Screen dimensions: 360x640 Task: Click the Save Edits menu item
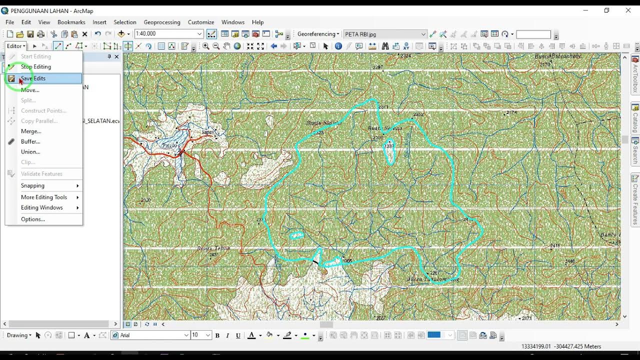click(33, 78)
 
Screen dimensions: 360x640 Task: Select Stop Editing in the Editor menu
click(35, 66)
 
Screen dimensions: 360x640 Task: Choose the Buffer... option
click(30, 141)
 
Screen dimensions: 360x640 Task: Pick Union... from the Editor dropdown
click(30, 151)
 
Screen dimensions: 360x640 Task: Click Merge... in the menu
click(31, 131)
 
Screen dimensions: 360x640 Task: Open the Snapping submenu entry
click(33, 185)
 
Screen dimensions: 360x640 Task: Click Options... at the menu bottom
click(32, 219)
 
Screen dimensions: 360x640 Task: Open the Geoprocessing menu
click(161, 22)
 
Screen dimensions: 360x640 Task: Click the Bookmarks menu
click(71, 22)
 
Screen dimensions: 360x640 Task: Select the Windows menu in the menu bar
click(232, 22)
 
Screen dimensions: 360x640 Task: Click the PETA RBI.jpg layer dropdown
click(384, 34)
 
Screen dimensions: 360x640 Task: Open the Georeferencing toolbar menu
click(318, 34)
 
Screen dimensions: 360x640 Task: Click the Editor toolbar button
click(15, 46)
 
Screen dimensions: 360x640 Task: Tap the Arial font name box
click(151, 335)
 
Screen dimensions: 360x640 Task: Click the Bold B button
click(217, 335)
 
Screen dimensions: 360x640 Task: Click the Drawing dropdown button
click(19, 335)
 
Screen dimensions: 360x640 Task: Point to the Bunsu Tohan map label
click(213, 248)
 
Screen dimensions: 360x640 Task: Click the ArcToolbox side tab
click(635, 75)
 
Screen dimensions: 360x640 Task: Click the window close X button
click(628, 10)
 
